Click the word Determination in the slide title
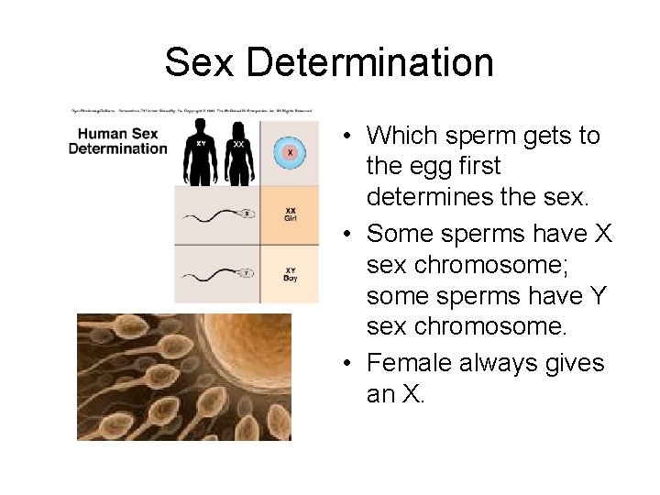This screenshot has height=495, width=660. [x=370, y=62]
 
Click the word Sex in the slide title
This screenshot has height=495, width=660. [x=202, y=62]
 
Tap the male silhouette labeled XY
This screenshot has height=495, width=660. [x=201, y=163]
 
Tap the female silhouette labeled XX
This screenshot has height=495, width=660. [x=239, y=163]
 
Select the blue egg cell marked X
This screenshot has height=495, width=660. [x=290, y=152]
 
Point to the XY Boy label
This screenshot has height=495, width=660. [x=290, y=273]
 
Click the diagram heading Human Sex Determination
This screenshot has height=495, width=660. [x=119, y=141]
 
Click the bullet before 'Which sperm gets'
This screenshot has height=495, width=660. [x=351, y=137]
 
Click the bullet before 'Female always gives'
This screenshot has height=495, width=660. [x=351, y=364]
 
